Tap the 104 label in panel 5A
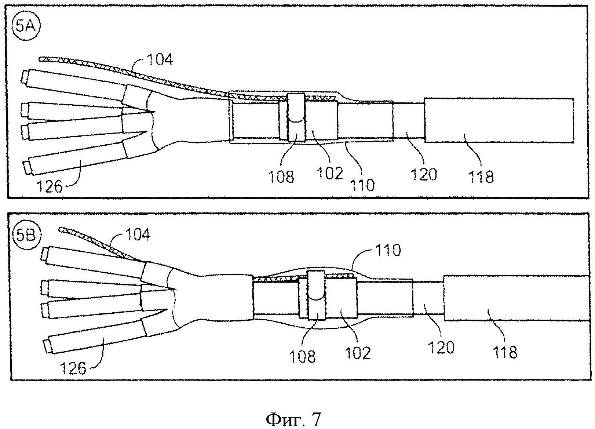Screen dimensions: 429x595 click(x=160, y=59)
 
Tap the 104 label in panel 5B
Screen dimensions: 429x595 click(x=138, y=234)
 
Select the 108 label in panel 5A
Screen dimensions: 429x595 click(x=281, y=177)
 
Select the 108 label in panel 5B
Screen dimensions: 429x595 click(x=302, y=356)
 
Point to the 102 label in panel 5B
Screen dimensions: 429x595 click(x=358, y=353)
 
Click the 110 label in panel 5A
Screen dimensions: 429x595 click(x=362, y=185)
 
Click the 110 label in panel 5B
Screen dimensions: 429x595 click(x=388, y=250)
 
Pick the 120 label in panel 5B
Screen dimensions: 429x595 click(x=441, y=347)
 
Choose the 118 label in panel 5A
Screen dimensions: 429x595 click(x=481, y=177)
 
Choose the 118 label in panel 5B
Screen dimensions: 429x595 click(x=505, y=352)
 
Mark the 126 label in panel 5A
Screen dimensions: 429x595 click(x=50, y=187)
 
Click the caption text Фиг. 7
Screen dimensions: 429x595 click(x=293, y=419)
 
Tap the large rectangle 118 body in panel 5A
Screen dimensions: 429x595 click(x=499, y=120)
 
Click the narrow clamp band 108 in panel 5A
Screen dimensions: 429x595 click(x=296, y=117)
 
